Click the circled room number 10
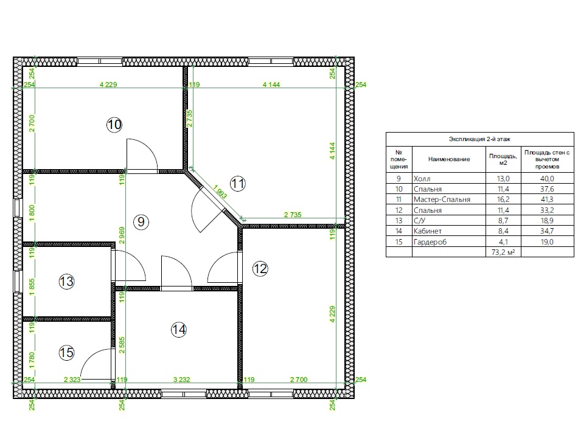(114, 125)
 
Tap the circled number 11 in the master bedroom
(238, 184)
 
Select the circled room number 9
(141, 222)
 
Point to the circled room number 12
(260, 269)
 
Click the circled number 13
(67, 282)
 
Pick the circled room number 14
(179, 329)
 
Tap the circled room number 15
(67, 353)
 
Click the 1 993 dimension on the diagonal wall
(220, 192)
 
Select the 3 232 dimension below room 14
(181, 380)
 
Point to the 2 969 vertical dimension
(122, 235)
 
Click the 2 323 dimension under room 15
(72, 380)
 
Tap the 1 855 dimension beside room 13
(32, 286)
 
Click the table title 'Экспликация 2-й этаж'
(479, 139)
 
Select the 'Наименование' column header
(449, 159)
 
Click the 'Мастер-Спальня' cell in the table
(442, 200)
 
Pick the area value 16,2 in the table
(503, 200)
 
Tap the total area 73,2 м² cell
(503, 252)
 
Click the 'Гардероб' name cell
(430, 242)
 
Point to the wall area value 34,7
(547, 231)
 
